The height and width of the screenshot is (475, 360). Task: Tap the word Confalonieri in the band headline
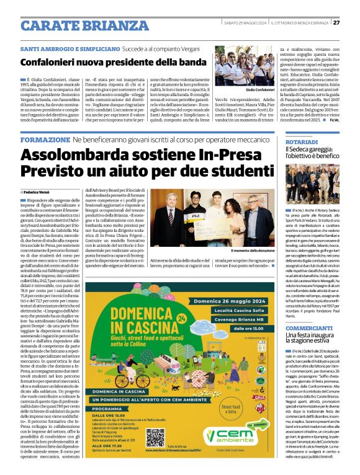(x=60, y=62)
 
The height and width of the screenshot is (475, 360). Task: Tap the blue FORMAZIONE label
(x=45, y=140)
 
